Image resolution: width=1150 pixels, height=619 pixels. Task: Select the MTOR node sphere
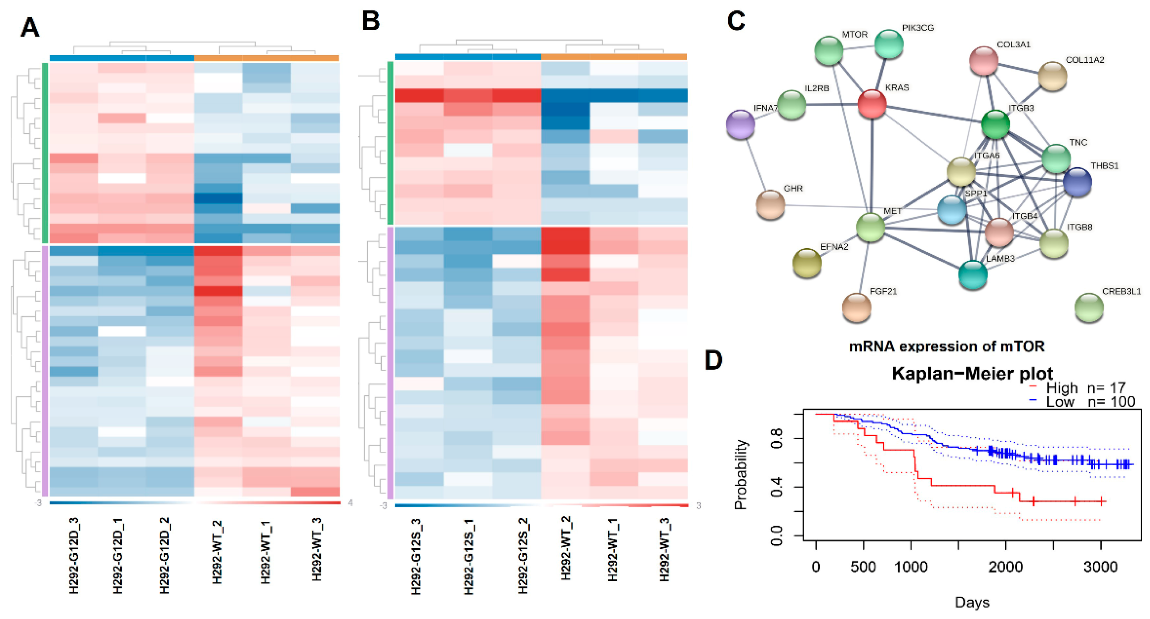tap(829, 50)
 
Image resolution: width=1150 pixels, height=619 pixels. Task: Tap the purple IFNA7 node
tap(741, 124)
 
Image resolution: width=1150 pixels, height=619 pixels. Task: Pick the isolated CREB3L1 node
tap(1089, 307)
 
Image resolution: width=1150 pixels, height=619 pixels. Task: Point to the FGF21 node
tap(856, 307)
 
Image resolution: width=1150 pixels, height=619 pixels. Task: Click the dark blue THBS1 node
tap(1077, 182)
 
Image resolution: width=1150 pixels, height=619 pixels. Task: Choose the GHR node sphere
tap(770, 204)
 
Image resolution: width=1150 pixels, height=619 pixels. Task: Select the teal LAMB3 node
tap(973, 274)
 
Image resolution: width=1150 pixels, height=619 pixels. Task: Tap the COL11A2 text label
tap(1084, 60)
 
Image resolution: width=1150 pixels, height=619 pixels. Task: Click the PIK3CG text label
tap(918, 28)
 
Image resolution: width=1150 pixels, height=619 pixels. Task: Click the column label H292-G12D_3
tap(74, 555)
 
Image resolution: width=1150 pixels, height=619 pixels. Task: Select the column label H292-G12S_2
tap(523, 555)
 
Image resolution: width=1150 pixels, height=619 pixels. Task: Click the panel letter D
tap(713, 360)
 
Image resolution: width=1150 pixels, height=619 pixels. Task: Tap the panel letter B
tap(371, 21)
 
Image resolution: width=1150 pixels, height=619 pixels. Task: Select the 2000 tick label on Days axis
tap(1005, 567)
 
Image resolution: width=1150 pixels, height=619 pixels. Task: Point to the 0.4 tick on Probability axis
tap(777, 487)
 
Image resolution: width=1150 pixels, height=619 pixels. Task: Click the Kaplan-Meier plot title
tap(972, 373)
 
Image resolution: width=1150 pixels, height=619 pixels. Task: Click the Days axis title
tap(972, 602)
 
